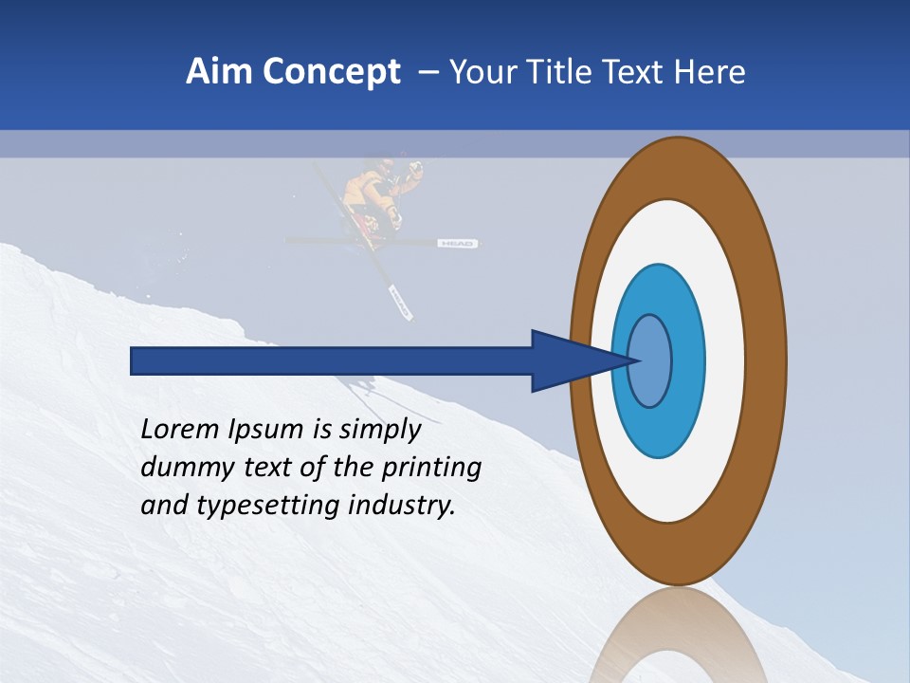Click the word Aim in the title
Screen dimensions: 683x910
click(215, 72)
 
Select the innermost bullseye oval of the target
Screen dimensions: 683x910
click(650, 360)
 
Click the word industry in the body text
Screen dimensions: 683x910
click(401, 507)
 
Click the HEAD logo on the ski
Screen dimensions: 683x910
click(456, 245)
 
